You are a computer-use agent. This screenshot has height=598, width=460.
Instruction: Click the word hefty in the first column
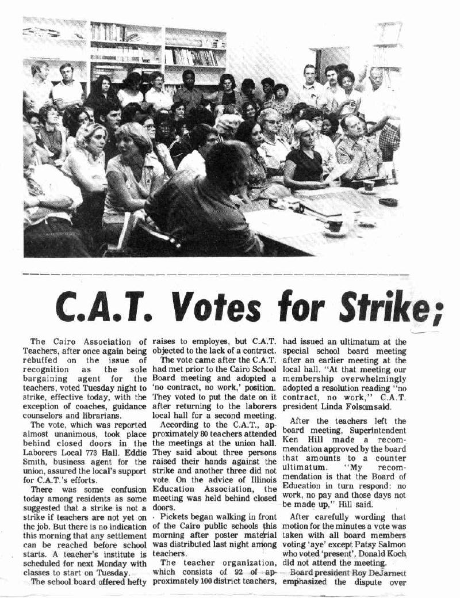(133, 581)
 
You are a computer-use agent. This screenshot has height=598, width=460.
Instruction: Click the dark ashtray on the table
(388, 202)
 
